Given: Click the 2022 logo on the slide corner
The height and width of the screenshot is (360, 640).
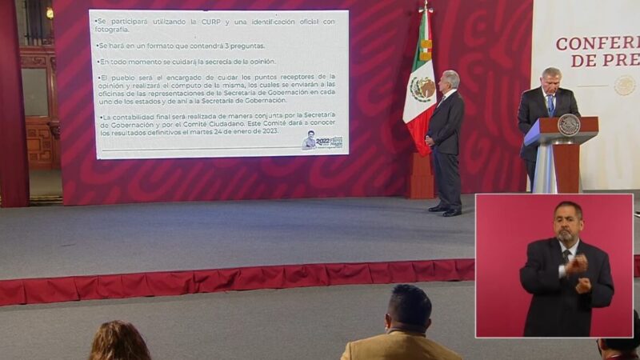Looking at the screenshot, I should click(x=323, y=142).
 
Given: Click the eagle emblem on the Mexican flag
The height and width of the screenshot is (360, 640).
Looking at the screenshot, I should click(x=422, y=87).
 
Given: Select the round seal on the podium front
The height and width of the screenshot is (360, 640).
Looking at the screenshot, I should click(x=568, y=125).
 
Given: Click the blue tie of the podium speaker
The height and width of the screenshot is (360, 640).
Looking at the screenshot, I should click(x=550, y=103).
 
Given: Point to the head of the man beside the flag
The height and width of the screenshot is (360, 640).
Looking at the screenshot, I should click(x=450, y=82).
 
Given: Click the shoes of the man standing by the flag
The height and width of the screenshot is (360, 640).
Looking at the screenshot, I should click(x=446, y=210).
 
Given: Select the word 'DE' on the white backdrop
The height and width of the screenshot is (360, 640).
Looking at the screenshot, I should click(x=585, y=60).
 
